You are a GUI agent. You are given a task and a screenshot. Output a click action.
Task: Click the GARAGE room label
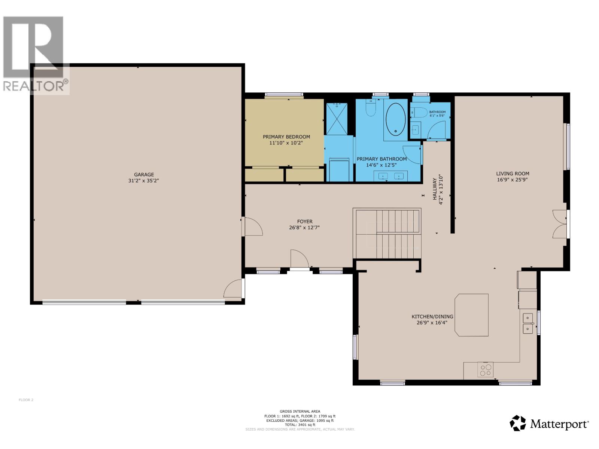coord(144,175)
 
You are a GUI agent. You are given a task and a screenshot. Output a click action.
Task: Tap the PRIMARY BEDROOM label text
coord(286,137)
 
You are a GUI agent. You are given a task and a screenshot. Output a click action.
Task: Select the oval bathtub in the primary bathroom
coord(395,119)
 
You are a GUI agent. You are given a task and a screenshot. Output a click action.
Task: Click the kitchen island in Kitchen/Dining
coord(472,315)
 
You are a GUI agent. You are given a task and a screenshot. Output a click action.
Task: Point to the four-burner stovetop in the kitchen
coord(486,370)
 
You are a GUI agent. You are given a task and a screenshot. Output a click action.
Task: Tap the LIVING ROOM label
coord(513,174)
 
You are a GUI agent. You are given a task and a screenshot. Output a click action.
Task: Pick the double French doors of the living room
coord(560,224)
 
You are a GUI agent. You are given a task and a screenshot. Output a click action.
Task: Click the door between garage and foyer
coord(252,226)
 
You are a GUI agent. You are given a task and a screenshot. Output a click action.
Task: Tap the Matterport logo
coord(549,423)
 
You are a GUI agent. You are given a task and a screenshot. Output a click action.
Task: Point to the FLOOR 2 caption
coord(26,400)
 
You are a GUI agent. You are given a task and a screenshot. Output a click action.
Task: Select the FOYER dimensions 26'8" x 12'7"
coord(304,227)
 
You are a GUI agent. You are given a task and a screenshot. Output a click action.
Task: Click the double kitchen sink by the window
coord(528,323)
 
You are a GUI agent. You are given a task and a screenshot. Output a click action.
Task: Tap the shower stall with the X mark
coord(337,119)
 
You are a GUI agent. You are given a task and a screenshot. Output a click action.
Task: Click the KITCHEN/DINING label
coord(432,317)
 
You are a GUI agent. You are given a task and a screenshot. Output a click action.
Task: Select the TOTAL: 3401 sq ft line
coord(300,425)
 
